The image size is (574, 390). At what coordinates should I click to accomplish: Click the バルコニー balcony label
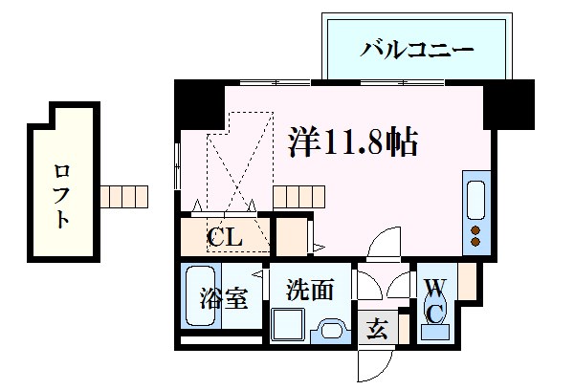(416, 49)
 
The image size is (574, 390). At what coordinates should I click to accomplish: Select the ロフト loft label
(61, 196)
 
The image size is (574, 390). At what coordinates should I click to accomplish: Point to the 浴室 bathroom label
(224, 298)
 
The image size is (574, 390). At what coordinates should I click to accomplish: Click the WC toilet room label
(433, 298)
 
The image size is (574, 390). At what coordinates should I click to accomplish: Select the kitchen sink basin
(475, 202)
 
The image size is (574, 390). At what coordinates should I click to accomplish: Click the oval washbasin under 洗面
(330, 331)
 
